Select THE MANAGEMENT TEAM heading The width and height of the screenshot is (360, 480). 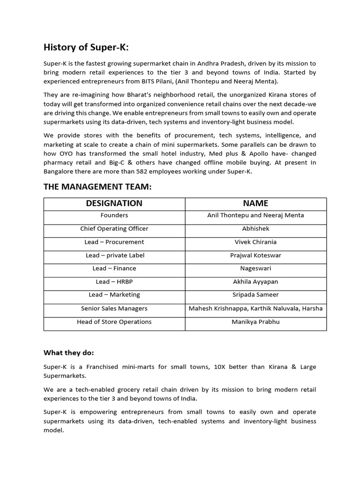(97, 187)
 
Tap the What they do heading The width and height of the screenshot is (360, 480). (68, 352)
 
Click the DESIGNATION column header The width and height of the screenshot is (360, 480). (114, 203)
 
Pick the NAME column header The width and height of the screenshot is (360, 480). (255, 203)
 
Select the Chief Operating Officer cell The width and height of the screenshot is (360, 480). (114, 229)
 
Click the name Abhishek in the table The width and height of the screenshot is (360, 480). (255, 229)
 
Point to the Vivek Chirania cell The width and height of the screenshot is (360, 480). (255, 242)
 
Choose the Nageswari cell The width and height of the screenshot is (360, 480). (255, 269)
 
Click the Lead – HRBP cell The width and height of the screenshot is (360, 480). (114, 282)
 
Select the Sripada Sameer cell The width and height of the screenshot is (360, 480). (255, 295)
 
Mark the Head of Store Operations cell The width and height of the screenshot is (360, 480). (114, 322)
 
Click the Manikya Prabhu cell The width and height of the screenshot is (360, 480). (255, 322)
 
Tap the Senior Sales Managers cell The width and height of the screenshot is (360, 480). (114, 308)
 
